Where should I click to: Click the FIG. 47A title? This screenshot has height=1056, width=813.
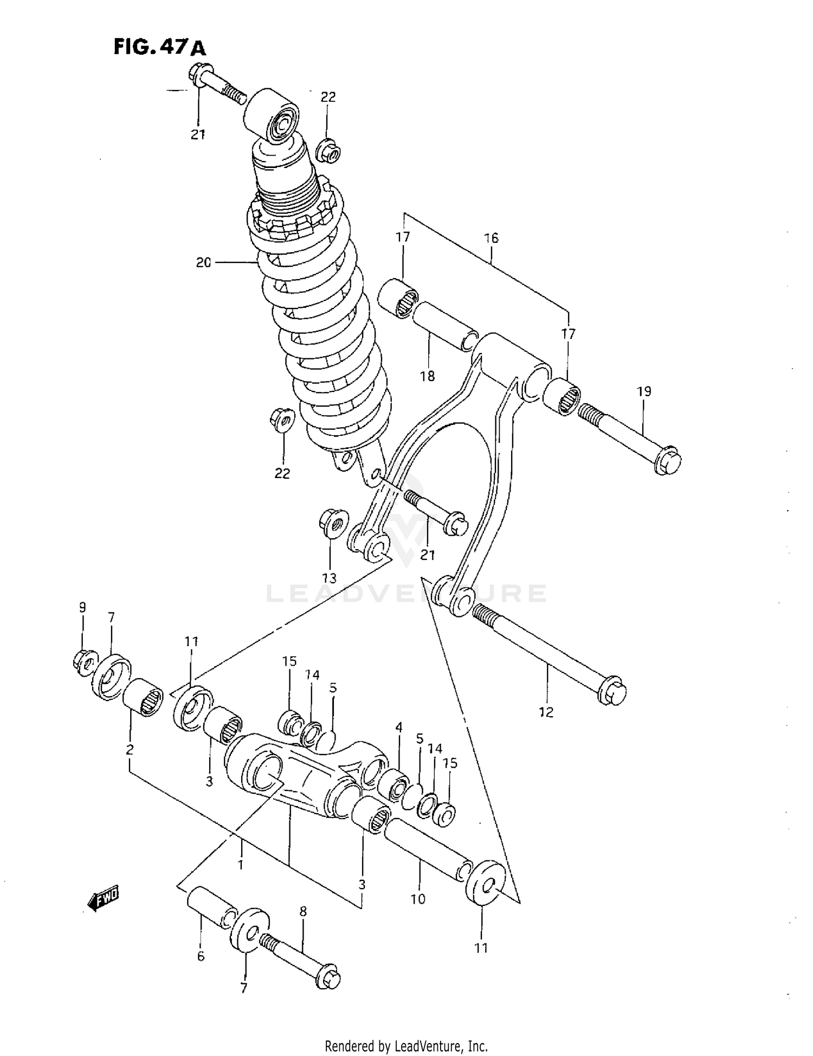tap(159, 48)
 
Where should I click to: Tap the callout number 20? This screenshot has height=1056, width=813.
tap(203, 263)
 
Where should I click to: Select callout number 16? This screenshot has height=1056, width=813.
tap(491, 238)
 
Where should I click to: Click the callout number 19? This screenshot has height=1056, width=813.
tap(644, 391)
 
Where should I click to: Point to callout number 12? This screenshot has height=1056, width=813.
tap(546, 712)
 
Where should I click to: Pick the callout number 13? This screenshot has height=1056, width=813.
tap(330, 578)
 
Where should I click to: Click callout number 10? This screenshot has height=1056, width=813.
tap(418, 899)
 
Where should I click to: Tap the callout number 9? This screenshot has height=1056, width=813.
tap(82, 607)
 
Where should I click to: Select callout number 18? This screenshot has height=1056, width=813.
tap(428, 376)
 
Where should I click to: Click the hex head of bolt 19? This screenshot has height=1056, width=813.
tap(667, 460)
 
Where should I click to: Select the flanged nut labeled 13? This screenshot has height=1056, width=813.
tap(331, 523)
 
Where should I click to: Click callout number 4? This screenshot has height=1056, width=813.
tap(399, 727)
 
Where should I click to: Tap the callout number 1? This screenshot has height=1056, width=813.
tap(241, 864)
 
